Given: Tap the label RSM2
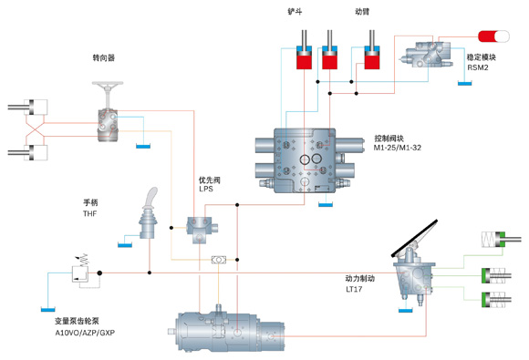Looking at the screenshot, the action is click(x=478, y=67).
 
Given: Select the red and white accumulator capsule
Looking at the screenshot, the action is click(x=493, y=36).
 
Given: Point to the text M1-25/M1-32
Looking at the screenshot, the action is click(x=398, y=148).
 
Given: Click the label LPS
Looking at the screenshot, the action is click(x=206, y=189).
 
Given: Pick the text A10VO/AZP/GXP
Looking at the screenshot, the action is click(x=85, y=333).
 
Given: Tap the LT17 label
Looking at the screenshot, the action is click(x=354, y=289).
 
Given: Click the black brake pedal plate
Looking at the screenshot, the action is click(x=414, y=238).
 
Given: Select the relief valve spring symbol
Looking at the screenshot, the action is click(x=83, y=259).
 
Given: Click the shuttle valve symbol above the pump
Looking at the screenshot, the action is click(x=219, y=260).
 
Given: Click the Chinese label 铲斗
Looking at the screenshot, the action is click(x=295, y=12).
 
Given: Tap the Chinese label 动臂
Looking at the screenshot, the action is click(x=362, y=12).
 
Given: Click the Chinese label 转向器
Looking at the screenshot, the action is click(x=104, y=57).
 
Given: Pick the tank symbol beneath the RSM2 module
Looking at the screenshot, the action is click(x=464, y=83).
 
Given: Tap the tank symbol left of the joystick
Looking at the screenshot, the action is click(x=125, y=245).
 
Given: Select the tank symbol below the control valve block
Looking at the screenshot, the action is click(x=326, y=204).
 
